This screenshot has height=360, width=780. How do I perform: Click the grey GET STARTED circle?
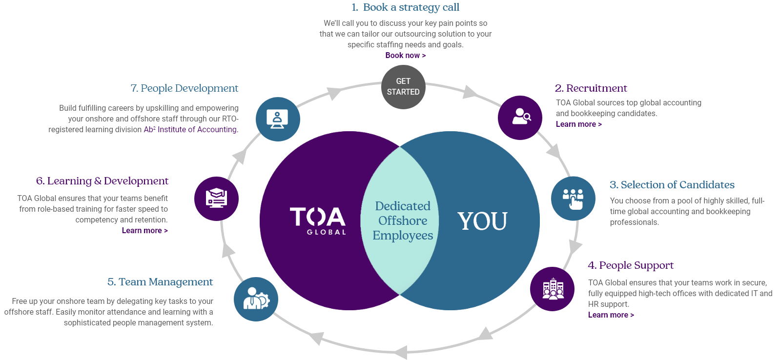pyautogui.click(x=403, y=87)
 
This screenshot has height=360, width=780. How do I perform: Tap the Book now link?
pyautogui.click(x=405, y=56)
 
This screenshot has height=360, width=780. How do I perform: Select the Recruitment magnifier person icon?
pyautogui.click(x=520, y=117)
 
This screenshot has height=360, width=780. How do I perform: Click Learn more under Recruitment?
pyautogui.click(x=578, y=124)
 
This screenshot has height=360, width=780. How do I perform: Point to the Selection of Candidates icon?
pyautogui.click(x=573, y=198)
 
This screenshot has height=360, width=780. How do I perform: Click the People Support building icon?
pyautogui.click(x=552, y=289)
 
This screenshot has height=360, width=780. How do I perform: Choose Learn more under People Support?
pyautogui.click(x=611, y=315)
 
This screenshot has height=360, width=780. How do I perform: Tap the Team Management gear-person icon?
pyautogui.click(x=256, y=299)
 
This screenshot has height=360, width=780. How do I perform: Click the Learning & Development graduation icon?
pyautogui.click(x=216, y=199)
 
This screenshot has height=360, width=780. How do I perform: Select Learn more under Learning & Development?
pyautogui.click(x=144, y=231)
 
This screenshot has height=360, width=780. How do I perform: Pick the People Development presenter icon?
pyautogui.click(x=278, y=119)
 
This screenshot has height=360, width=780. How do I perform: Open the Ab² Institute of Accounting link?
pyautogui.click(x=190, y=130)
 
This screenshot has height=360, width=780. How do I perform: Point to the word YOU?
pyautogui.click(x=482, y=221)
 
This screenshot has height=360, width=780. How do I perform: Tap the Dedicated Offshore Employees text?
pyautogui.click(x=403, y=220)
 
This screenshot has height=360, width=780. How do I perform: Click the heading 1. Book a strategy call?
pyautogui.click(x=405, y=7)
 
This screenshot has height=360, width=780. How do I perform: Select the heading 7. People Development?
pyautogui.click(x=185, y=88)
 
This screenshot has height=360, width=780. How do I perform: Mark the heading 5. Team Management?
pyautogui.click(x=160, y=282)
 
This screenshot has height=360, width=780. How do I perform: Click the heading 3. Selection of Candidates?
pyautogui.click(x=672, y=185)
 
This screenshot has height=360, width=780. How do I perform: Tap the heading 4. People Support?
pyautogui.click(x=630, y=265)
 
